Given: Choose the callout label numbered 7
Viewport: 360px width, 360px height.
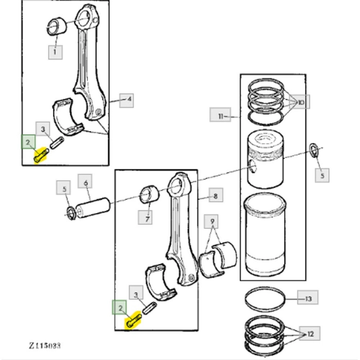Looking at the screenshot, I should pos(147,218).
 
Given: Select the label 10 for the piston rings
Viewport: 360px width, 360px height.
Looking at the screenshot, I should pos(300,103).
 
